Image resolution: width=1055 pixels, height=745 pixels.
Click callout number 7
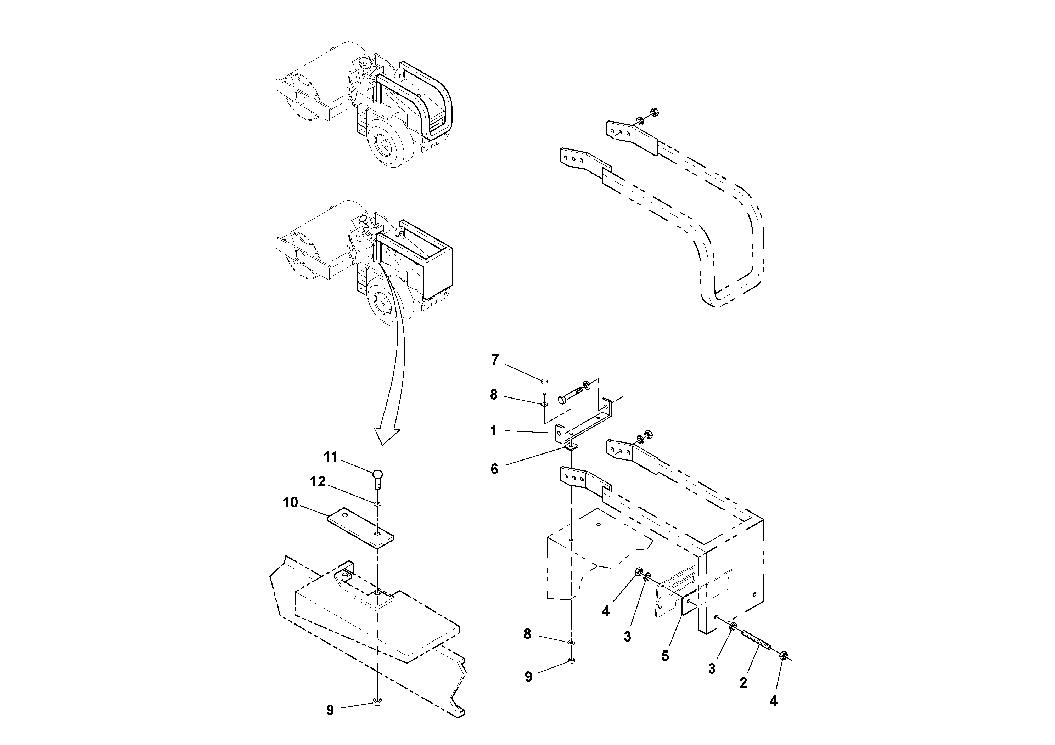pos(494,360)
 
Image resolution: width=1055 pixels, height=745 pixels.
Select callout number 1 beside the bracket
pos(494,431)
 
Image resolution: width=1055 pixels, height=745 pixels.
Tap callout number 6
pos(494,469)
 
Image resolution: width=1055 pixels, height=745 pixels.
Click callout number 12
pos(318,481)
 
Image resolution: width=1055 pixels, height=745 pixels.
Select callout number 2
pos(743,683)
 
